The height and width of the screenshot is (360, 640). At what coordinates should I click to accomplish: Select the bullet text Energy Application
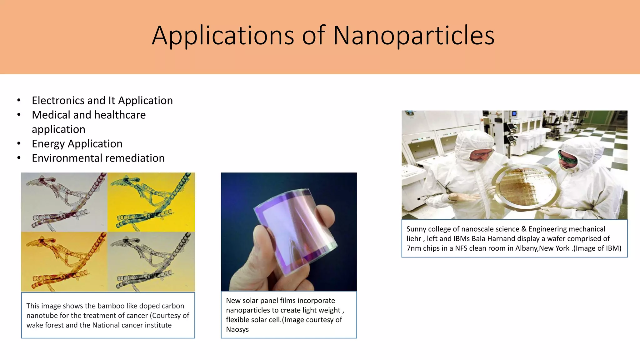tap(77, 144)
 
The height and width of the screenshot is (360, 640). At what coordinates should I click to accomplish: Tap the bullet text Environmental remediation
tap(98, 158)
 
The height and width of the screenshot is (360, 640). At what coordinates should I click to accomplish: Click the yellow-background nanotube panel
tap(151, 202)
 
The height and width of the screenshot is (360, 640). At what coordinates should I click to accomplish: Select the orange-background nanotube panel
tap(64, 262)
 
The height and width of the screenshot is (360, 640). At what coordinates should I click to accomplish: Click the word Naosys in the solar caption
tap(237, 329)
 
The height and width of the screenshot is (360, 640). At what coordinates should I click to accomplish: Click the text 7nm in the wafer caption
tap(414, 248)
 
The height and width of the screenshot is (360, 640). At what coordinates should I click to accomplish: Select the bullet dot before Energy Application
tap(19, 144)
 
